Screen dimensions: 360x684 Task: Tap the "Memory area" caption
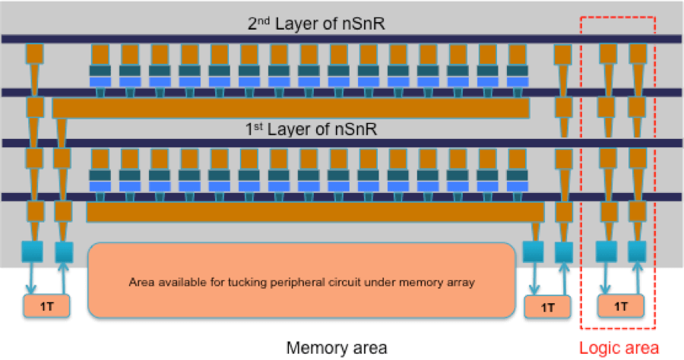337,348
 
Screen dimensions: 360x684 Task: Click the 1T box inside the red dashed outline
621,307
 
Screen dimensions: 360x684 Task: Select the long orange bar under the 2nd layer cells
290,108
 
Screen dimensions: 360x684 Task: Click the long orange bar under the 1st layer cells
315,212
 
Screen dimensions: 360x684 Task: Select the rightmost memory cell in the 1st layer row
516,174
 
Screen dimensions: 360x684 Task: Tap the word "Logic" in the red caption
599,348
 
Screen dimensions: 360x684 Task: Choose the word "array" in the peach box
462,283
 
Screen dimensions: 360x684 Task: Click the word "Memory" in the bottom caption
315,348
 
